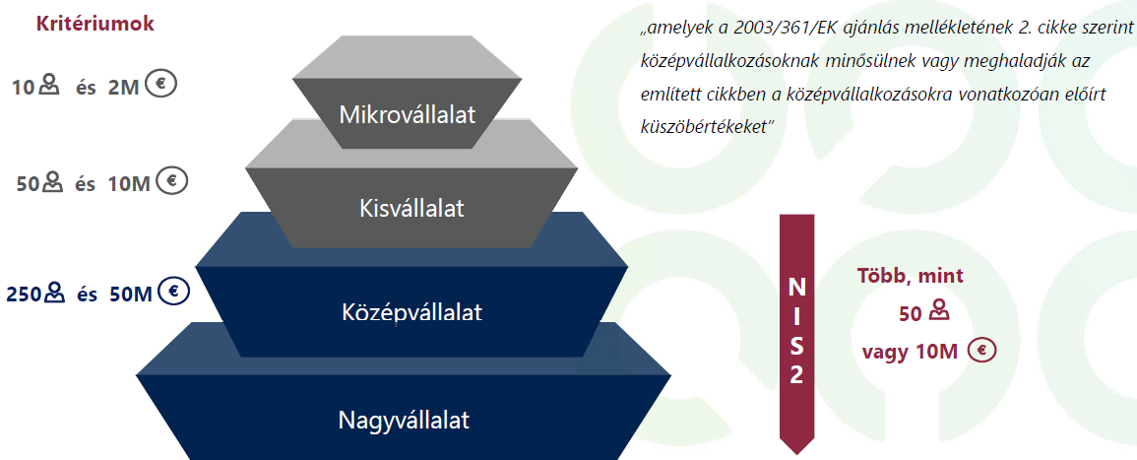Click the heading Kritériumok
click(x=95, y=24)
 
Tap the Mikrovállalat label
click(x=408, y=114)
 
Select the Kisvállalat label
click(x=411, y=208)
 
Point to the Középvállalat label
click(x=411, y=312)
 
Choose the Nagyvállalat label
click(x=404, y=420)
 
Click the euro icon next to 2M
click(x=160, y=84)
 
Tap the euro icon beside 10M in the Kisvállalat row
click(x=172, y=180)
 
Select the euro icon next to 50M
click(x=174, y=292)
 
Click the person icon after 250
click(x=55, y=294)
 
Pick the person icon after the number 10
click(x=48, y=85)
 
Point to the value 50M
click(x=131, y=295)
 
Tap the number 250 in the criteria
click(x=25, y=295)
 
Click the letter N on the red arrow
click(x=796, y=289)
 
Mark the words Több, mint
click(x=910, y=276)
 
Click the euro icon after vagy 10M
click(x=983, y=351)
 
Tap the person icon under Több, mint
click(x=938, y=311)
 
